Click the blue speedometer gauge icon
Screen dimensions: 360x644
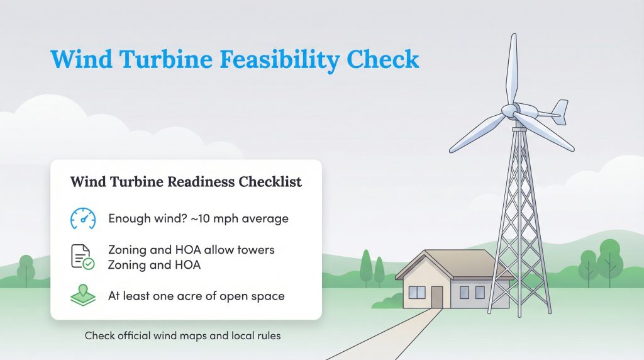click(x=82, y=218)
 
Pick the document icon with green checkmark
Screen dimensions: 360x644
click(x=82, y=257)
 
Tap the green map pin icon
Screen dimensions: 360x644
click(x=82, y=296)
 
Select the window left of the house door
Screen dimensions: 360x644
click(x=417, y=292)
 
